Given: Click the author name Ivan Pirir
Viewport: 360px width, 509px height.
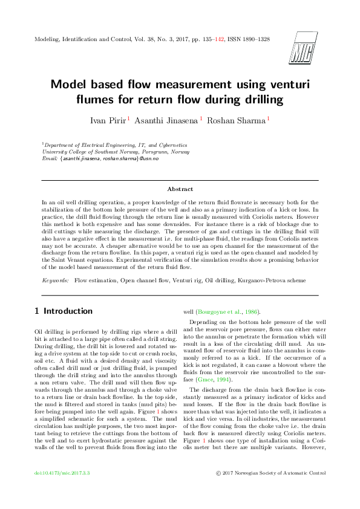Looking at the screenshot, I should [107, 121].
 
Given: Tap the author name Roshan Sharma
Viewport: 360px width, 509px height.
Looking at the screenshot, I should [235, 121].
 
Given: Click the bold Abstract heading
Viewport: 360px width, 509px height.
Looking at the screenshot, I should [180, 189].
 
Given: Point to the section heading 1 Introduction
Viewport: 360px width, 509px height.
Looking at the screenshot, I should [64, 311].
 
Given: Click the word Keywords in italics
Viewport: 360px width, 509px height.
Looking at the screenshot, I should [55, 281].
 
